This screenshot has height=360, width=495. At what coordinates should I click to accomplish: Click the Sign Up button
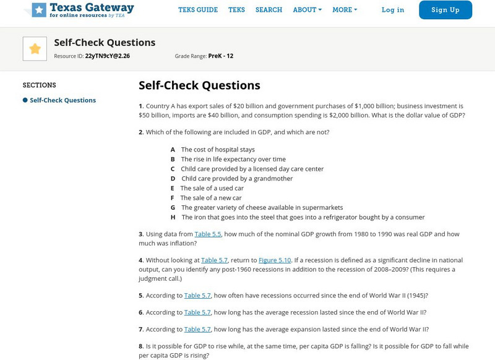tap(445, 10)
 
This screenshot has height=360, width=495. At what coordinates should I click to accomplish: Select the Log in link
tap(393, 10)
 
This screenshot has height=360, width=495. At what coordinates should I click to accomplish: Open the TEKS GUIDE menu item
tap(198, 10)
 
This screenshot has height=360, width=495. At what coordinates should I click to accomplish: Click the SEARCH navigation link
tap(269, 10)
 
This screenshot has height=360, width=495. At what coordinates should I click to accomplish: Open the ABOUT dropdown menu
tap(307, 10)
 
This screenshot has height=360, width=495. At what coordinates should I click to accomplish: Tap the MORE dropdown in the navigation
tap(345, 10)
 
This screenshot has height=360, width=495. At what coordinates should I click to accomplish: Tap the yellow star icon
tap(35, 49)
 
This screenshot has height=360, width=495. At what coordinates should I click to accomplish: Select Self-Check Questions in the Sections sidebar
tap(62, 100)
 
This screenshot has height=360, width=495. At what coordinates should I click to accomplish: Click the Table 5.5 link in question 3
tap(208, 234)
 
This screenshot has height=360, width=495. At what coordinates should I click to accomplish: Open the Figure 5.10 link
tap(275, 260)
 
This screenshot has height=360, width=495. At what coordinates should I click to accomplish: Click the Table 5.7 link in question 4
tap(214, 260)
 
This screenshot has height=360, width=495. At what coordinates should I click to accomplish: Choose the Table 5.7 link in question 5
tap(197, 296)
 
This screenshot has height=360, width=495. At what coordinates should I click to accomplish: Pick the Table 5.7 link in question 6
tap(197, 313)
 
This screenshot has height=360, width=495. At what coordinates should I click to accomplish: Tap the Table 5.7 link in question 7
tap(197, 330)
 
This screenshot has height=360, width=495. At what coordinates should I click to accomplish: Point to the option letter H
tap(173, 218)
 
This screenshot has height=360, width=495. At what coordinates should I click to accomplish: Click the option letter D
tap(173, 179)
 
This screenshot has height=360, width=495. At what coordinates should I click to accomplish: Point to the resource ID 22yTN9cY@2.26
tap(108, 56)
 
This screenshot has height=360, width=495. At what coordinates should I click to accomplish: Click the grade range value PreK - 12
tap(221, 56)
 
